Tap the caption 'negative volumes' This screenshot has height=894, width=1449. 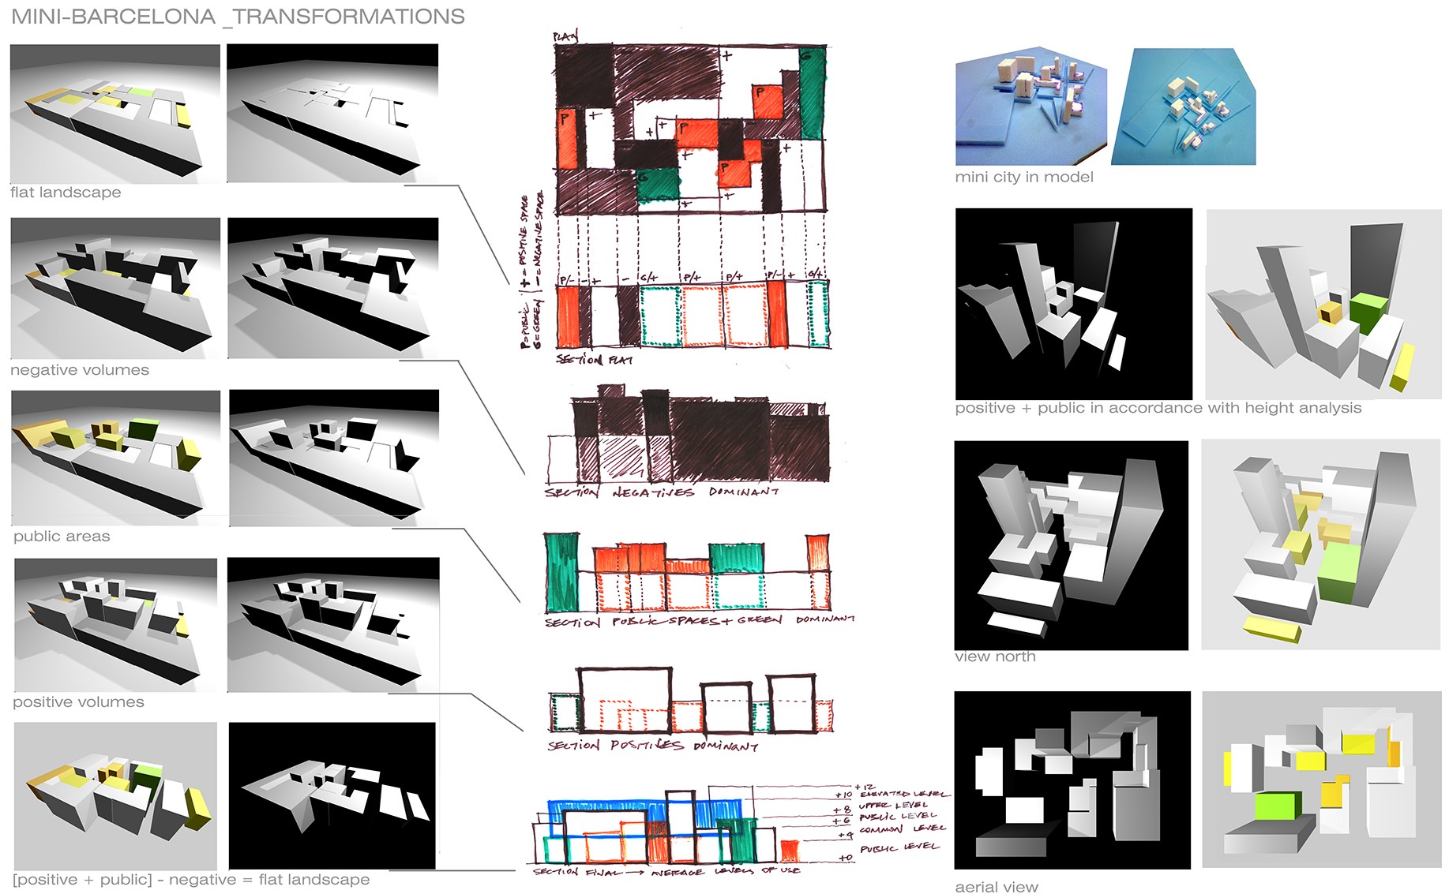[x=80, y=370]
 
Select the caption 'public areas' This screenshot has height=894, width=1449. [x=62, y=537]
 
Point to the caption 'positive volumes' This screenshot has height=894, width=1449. [x=78, y=702]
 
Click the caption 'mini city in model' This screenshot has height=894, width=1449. [x=1024, y=178]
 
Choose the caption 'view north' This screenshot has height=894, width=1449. [x=995, y=656]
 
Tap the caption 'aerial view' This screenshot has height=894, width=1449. [x=997, y=887]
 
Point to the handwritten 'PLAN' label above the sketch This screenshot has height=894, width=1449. [x=565, y=36]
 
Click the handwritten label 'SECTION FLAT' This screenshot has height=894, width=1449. [x=594, y=360]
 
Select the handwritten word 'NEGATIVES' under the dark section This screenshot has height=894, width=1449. [x=653, y=492]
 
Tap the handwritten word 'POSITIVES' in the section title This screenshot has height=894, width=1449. [x=647, y=745]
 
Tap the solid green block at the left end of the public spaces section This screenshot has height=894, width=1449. [x=561, y=572]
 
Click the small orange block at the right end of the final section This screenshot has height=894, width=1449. [x=788, y=851]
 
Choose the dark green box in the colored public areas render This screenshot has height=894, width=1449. [x=143, y=429]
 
